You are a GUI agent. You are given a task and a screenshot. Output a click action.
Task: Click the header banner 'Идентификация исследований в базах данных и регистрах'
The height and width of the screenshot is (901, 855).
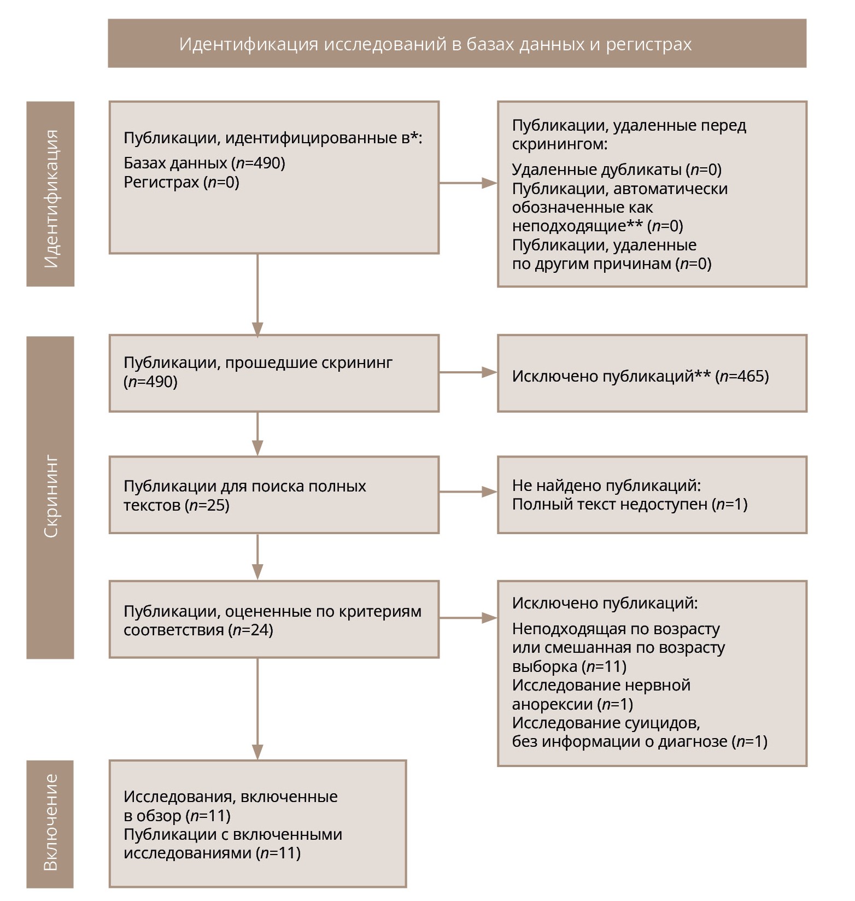pyautogui.click(x=456, y=44)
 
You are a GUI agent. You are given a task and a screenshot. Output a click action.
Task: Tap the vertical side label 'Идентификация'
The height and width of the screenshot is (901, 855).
pyautogui.click(x=50, y=194)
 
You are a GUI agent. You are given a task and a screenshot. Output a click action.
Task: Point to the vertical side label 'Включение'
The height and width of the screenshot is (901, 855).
pyautogui.click(x=50, y=822)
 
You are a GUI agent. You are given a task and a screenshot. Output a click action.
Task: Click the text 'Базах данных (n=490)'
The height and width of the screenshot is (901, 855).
pyautogui.click(x=204, y=163)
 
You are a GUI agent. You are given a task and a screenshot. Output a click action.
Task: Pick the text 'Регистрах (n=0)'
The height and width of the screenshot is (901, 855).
pyautogui.click(x=181, y=182)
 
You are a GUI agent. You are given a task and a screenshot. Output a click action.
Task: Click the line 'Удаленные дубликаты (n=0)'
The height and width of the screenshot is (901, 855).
pyautogui.click(x=617, y=169)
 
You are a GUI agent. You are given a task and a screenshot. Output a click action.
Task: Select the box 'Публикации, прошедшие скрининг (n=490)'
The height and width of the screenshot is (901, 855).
pyautogui.click(x=274, y=373)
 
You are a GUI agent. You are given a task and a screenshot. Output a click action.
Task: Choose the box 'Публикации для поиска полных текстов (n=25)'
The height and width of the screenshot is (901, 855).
pyautogui.click(x=274, y=495)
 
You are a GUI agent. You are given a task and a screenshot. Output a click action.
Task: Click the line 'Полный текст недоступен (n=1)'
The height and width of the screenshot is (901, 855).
pyautogui.click(x=630, y=504)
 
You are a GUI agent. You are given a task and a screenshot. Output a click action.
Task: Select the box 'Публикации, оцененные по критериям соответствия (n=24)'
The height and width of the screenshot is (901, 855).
pyautogui.click(x=274, y=619)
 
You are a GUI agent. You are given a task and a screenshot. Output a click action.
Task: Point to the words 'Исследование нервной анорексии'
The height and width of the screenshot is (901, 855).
pyautogui.click(x=601, y=694)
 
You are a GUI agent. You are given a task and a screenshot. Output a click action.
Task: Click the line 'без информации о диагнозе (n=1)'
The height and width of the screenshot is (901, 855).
pyautogui.click(x=640, y=741)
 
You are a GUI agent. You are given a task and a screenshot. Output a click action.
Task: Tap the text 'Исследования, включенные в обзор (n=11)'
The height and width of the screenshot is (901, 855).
pyautogui.click(x=230, y=806)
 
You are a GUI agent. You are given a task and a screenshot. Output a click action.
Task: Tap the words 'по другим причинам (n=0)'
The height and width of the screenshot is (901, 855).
pyautogui.click(x=612, y=264)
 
